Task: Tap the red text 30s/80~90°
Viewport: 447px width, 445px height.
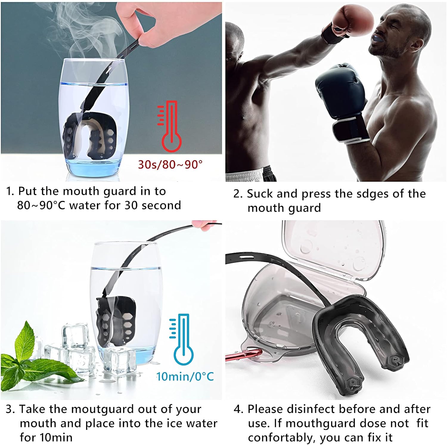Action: [170, 164]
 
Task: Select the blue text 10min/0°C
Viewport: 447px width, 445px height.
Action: [185, 376]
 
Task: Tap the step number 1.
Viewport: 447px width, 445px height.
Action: [10, 191]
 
